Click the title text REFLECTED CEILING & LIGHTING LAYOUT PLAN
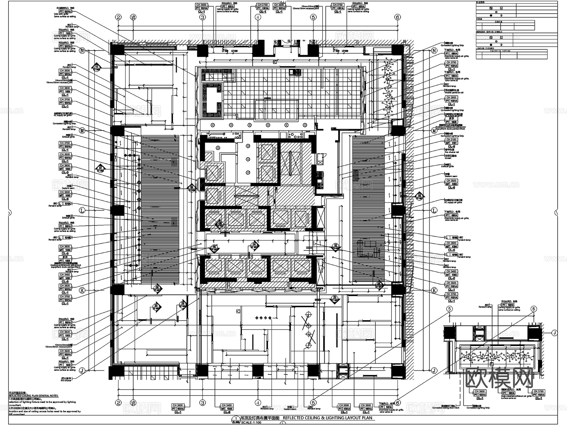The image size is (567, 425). click(327, 418)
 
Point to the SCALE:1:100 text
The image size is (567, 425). click(252, 422)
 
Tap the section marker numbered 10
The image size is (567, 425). click(97, 67)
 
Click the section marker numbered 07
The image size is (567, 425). click(100, 168)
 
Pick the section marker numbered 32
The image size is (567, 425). click(335, 246)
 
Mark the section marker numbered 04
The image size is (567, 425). click(255, 245)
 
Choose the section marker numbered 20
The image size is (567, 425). click(335, 298)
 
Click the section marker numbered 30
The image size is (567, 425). click(156, 306)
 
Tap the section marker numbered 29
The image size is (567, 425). click(183, 304)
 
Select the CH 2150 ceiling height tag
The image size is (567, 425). click(451, 139)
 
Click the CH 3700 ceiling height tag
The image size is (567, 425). click(65, 99)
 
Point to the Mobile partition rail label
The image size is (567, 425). click(454, 93)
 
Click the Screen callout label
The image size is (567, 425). click(448, 158)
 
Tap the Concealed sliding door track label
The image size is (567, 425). click(446, 408)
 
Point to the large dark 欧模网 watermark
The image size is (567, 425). click(499, 377)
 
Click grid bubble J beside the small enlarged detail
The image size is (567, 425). click(554, 333)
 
